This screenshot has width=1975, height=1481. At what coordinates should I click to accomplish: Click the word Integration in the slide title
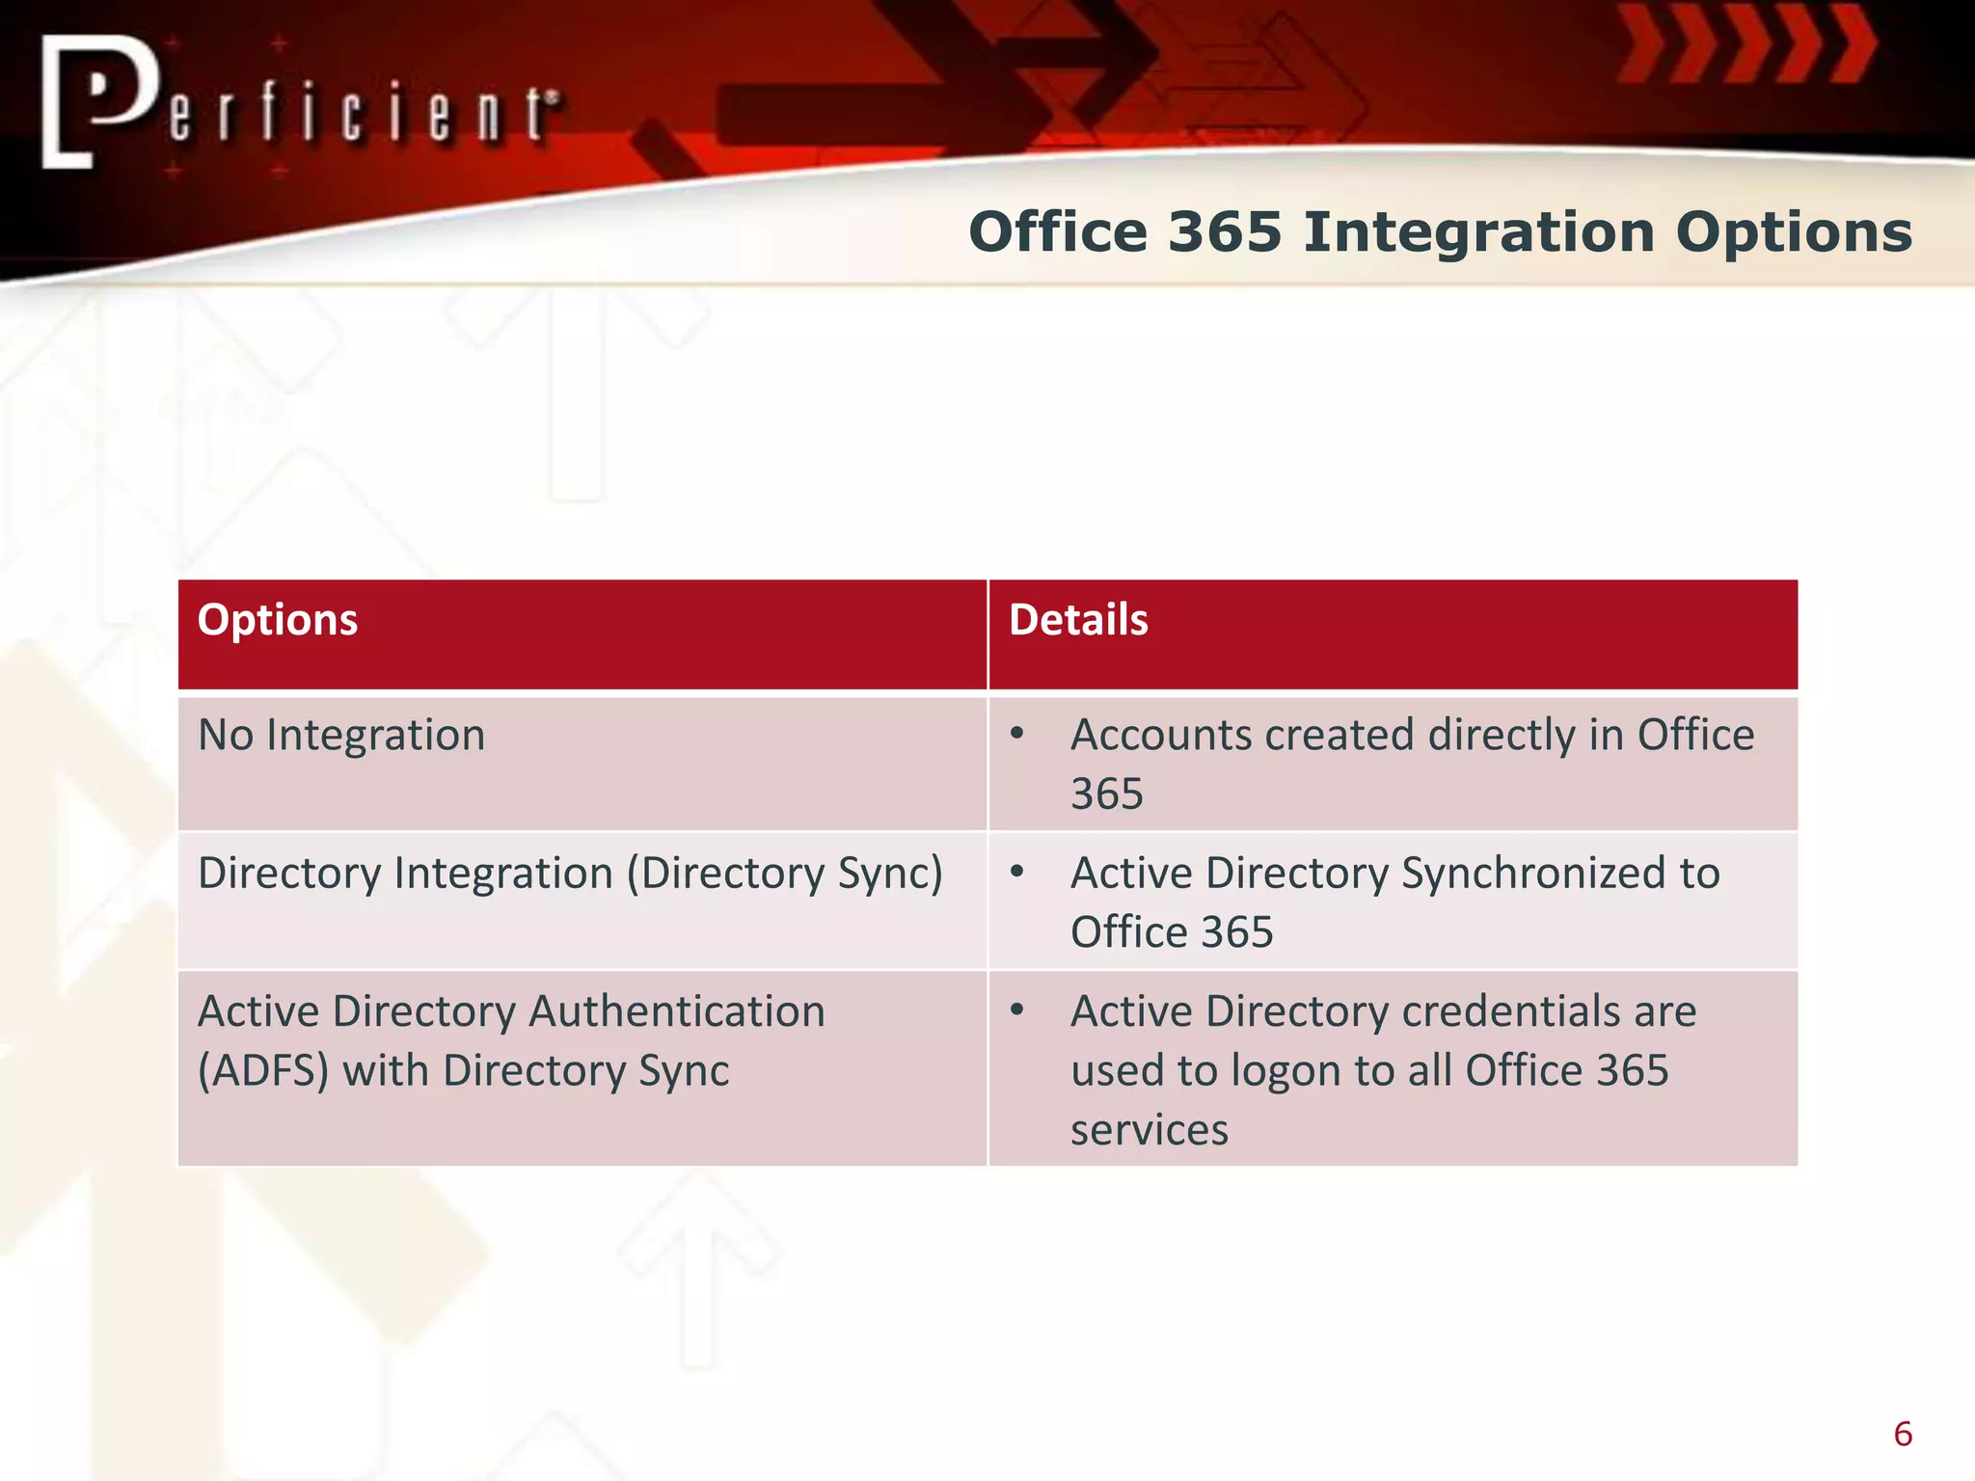1478,232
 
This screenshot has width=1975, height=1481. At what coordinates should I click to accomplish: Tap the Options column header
278,620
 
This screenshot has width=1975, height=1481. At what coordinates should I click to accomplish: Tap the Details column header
1078,620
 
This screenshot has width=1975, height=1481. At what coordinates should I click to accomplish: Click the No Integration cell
341,736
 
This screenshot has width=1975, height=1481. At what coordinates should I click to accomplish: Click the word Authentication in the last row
677,1012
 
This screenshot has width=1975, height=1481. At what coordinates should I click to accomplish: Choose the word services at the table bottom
1150,1130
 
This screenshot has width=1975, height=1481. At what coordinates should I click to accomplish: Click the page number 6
1903,1434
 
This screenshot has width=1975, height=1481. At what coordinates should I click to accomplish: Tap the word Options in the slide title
1793,232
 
